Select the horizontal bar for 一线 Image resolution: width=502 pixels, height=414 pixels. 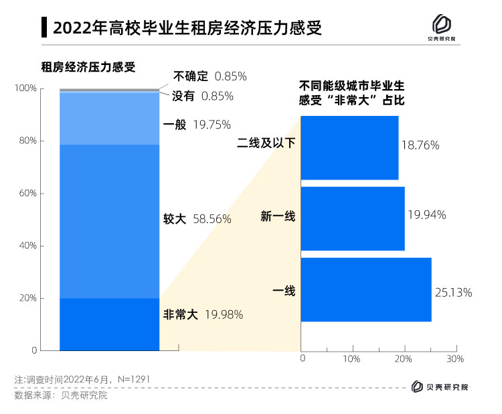point(366,290)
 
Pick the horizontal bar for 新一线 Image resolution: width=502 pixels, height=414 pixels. point(353,218)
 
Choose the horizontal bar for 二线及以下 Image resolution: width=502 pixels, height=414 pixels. point(349,147)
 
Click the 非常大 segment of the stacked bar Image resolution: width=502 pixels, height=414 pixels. point(110,324)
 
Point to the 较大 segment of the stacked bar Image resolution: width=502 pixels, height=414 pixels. point(110,221)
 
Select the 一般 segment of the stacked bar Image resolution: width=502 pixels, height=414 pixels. point(110,119)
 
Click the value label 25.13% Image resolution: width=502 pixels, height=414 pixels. point(454,292)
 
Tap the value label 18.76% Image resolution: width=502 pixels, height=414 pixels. point(420,145)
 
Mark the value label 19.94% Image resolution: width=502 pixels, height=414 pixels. point(426,214)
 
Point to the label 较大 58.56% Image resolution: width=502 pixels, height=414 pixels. point(197,219)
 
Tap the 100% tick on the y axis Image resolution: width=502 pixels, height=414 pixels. point(26,88)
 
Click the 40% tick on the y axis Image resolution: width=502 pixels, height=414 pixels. point(28,246)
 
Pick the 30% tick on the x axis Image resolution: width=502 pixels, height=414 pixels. point(455,359)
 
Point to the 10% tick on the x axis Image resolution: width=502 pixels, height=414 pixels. point(351,359)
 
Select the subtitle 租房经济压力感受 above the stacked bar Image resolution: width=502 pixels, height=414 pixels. point(88,66)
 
